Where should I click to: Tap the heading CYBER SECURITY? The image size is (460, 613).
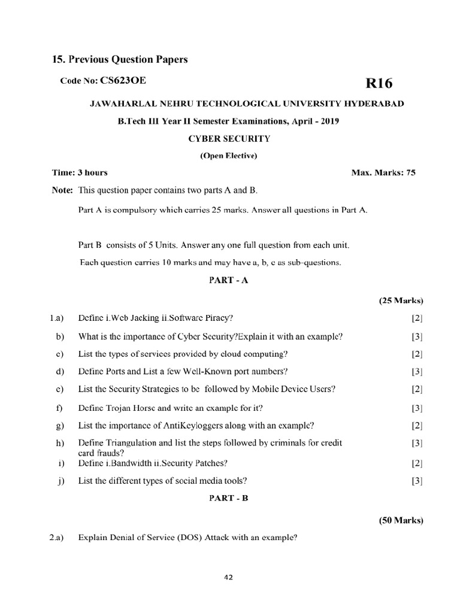229,139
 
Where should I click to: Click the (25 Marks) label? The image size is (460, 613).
401,301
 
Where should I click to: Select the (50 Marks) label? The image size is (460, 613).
401,521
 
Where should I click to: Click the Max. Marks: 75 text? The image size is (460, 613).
383,173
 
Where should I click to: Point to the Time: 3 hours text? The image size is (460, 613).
80,173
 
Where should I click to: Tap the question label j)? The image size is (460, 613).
60,481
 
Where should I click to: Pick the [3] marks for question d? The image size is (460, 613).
417,371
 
